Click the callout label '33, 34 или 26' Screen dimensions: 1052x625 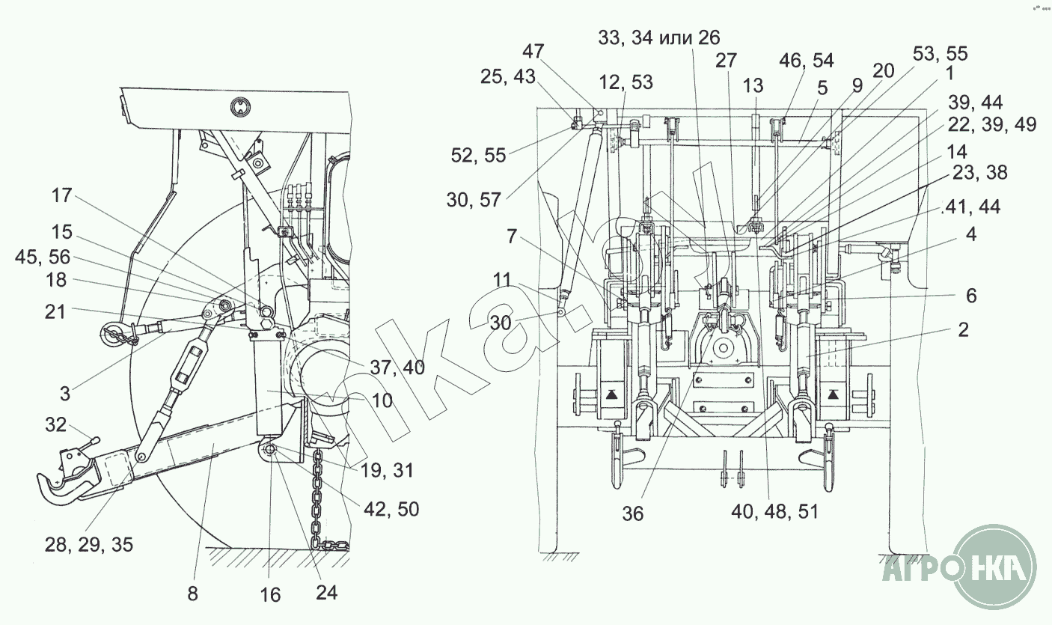[x=659, y=37]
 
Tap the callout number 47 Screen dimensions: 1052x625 [x=533, y=51]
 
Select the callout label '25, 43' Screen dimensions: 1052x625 [x=508, y=76]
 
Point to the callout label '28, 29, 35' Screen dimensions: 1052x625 [x=89, y=544]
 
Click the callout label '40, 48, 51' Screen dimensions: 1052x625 [x=774, y=511]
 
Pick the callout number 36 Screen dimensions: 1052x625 [x=632, y=513]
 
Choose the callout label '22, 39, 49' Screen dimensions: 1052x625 [x=992, y=124]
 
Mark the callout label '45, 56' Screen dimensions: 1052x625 [x=42, y=257]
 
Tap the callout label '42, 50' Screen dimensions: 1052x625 [x=391, y=509]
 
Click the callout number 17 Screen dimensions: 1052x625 [x=61, y=195]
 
